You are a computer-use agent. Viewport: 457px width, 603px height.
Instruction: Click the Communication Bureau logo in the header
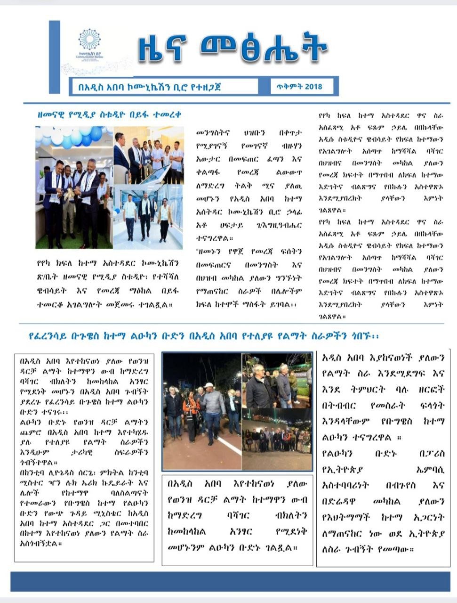[x=89, y=45]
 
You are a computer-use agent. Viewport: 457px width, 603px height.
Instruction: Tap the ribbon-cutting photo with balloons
[x=74, y=187]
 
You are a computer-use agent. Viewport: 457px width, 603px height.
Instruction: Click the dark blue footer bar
[x=230, y=581]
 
